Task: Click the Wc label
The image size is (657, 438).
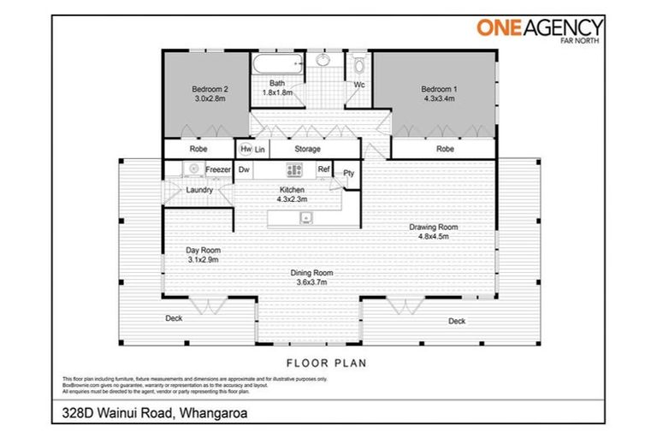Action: point(360,85)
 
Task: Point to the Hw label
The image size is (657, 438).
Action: point(246,149)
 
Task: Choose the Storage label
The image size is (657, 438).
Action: point(307,149)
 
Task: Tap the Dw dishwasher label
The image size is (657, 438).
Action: point(244,169)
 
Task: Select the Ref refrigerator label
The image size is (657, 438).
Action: point(323,169)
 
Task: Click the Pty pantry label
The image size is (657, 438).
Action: point(348,174)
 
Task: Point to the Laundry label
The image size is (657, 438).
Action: point(199,189)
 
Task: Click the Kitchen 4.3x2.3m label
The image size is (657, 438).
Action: point(292,194)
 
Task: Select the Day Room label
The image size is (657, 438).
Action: point(204,254)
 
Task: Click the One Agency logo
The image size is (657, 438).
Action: point(540,29)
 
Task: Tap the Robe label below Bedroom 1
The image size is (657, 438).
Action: point(445,149)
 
